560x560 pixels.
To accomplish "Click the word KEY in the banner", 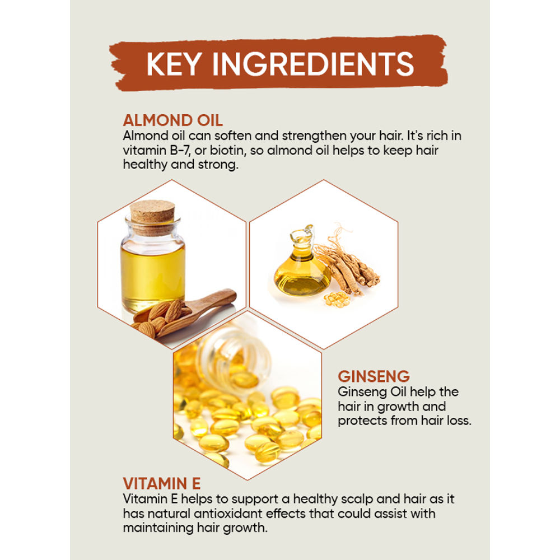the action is (174, 64).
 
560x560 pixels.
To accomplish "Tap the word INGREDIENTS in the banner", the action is (313, 64).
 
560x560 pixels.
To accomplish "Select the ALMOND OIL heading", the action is (173, 120).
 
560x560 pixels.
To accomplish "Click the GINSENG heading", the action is (374, 376).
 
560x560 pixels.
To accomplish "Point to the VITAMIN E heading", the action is (161, 484).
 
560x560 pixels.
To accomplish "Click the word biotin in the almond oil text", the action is (228, 150).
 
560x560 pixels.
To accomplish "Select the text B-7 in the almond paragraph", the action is (180, 150).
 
